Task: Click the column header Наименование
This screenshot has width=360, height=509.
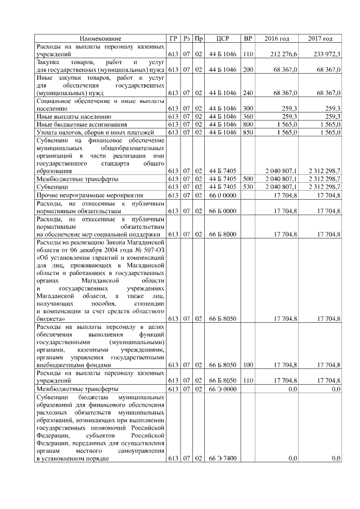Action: [100, 38]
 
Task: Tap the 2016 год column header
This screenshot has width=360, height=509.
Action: [276, 38]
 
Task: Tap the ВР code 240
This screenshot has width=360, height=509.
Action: [247, 93]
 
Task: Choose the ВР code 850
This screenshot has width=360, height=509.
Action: [247, 132]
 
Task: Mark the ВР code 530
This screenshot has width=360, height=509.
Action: [247, 186]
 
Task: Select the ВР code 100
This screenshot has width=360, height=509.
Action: [247, 364]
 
